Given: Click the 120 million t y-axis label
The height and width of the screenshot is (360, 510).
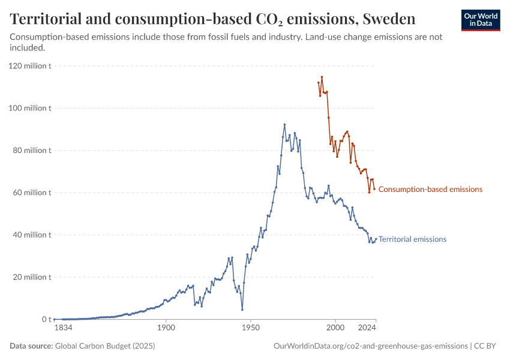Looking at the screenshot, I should click(x=30, y=66).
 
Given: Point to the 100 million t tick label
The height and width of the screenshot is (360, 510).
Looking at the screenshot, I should click(x=30, y=108).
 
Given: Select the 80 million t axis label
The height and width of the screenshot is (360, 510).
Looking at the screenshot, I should click(x=32, y=151).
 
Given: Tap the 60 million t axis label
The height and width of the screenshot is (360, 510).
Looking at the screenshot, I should click(x=32, y=193).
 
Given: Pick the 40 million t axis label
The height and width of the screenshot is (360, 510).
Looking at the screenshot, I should click(x=32, y=235).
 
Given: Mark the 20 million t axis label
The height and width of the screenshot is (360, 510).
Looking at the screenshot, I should click(x=32, y=277).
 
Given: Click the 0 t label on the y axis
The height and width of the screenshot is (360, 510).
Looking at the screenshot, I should click(x=46, y=319).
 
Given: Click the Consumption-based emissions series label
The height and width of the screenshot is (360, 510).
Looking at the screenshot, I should click(x=430, y=190).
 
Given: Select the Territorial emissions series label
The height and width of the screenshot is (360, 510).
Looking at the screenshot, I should click(x=412, y=239).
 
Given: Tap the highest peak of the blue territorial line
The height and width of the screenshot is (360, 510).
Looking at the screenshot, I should click(x=284, y=125).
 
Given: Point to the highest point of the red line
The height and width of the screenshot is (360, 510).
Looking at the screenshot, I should click(x=322, y=77).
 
